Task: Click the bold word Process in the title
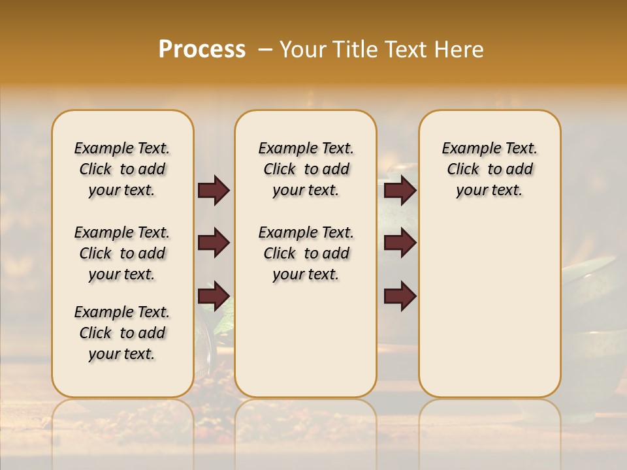click(202, 50)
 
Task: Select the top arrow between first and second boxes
click(214, 191)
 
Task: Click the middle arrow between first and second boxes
click(214, 243)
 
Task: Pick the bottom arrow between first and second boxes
click(214, 296)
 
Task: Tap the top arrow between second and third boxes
click(400, 191)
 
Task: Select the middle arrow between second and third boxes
click(400, 243)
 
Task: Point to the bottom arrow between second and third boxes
click(400, 296)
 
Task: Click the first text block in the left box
click(122, 169)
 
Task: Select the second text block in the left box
click(122, 253)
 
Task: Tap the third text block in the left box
click(122, 333)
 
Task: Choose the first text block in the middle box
click(306, 169)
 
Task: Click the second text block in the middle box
click(306, 253)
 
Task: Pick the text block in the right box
click(489, 169)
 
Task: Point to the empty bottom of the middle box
click(306, 346)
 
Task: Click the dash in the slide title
click(265, 50)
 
